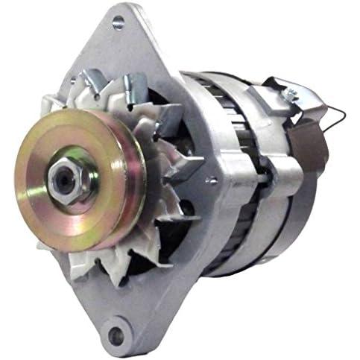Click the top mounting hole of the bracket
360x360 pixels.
coord(119,23)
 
